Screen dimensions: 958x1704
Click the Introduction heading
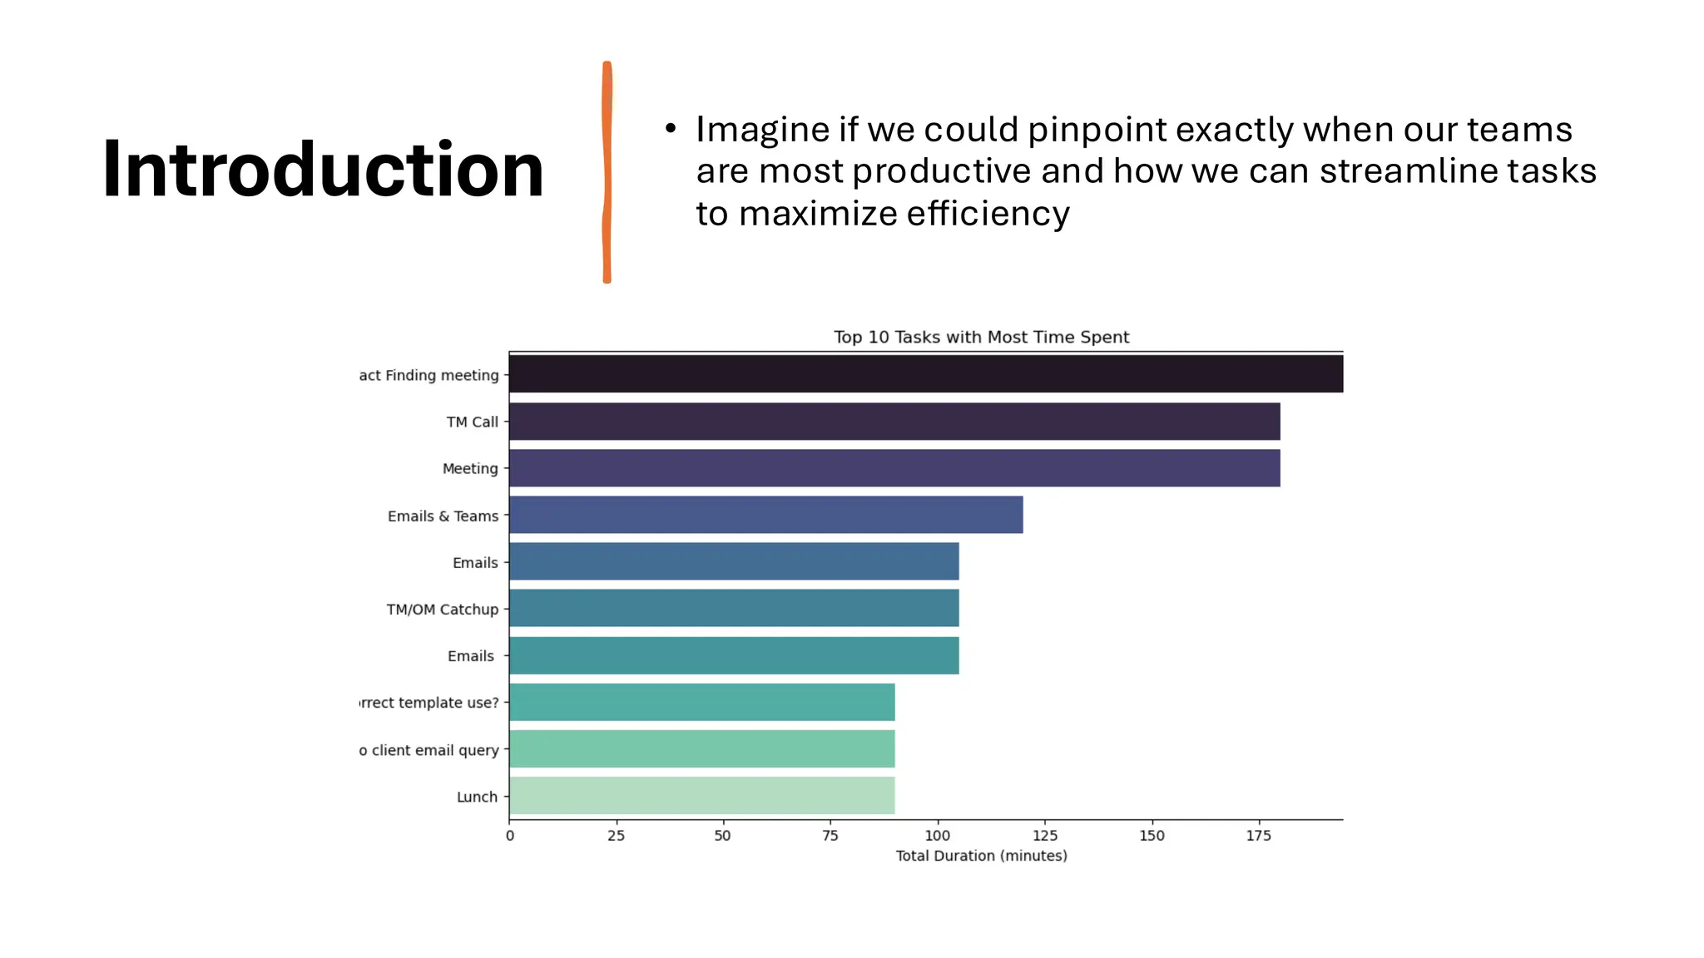[x=323, y=170]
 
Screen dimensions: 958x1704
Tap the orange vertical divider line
[x=607, y=172]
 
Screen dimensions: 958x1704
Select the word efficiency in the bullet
[x=988, y=214]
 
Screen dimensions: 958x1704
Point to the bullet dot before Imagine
[x=671, y=129]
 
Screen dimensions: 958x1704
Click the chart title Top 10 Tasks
[x=981, y=337]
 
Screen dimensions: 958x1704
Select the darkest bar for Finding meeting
[x=925, y=374]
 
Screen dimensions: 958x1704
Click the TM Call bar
[x=894, y=422]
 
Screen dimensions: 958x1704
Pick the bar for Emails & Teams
[x=765, y=515]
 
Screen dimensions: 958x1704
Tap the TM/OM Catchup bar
[x=734, y=608]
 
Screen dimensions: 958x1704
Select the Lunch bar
[x=701, y=795]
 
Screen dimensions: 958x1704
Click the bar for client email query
[x=701, y=748]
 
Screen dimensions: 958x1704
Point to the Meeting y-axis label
[x=470, y=468]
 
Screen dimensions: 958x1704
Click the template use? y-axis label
[x=429, y=703]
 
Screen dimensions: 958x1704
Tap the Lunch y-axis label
[x=477, y=797]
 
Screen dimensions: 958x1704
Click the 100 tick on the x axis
[x=937, y=836]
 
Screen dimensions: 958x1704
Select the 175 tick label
[x=1258, y=836]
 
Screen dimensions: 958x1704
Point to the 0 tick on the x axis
[x=510, y=836]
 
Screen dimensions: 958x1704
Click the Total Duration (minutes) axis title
[x=981, y=856]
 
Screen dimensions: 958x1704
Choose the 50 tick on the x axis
[x=722, y=836]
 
